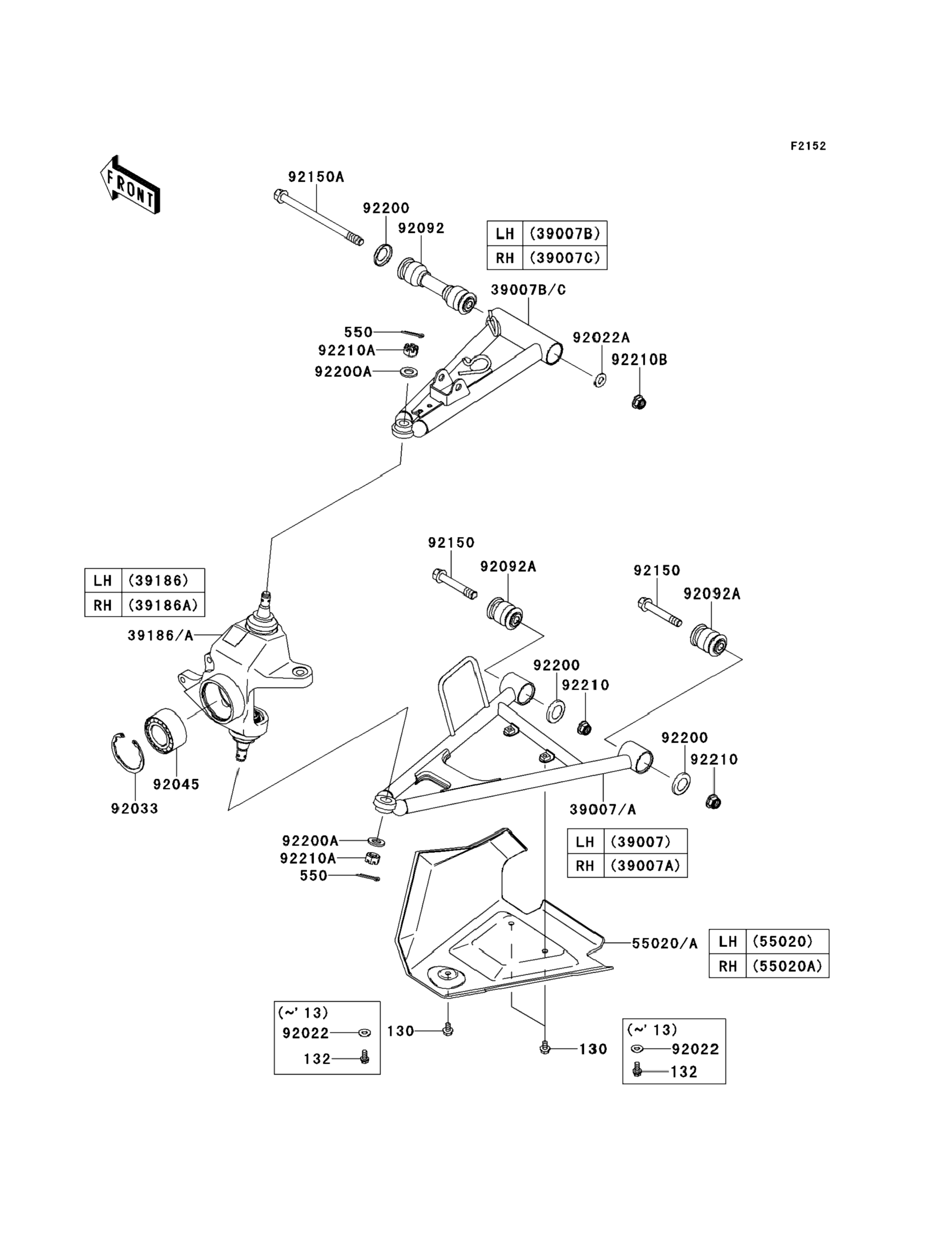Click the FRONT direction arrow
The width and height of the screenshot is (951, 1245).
tap(130, 185)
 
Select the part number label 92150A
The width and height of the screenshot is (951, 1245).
tap(316, 177)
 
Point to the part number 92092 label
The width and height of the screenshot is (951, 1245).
tap(421, 228)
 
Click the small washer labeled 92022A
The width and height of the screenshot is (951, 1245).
tap(600, 379)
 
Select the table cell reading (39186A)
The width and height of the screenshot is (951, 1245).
tap(163, 605)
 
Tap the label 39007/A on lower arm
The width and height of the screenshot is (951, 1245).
tap(603, 810)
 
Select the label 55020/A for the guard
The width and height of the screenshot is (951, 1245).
tap(665, 944)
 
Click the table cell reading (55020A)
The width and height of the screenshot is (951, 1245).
tap(787, 966)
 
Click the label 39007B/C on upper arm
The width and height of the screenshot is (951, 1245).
tap(528, 290)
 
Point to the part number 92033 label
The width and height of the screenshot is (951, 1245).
tap(135, 809)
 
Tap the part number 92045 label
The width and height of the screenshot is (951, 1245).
tap(176, 784)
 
